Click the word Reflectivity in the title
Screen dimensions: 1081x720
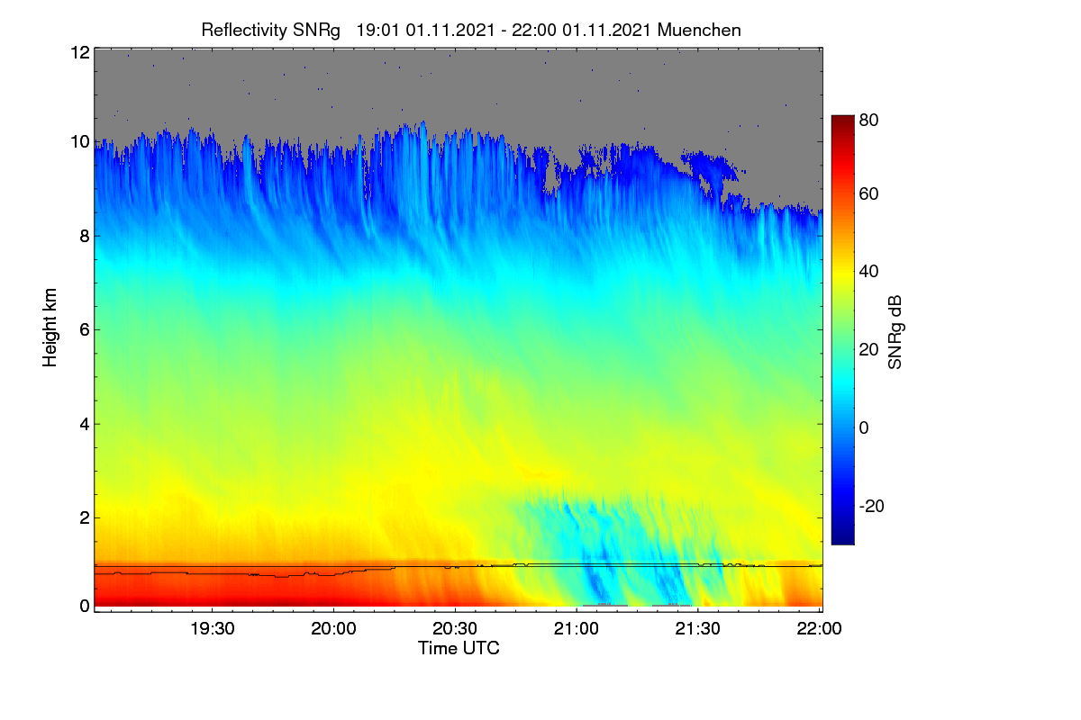click(x=244, y=31)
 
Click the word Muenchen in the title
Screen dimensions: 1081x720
click(x=699, y=31)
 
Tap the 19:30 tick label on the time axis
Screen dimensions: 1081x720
click(x=213, y=629)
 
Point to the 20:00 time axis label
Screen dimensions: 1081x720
click(x=333, y=629)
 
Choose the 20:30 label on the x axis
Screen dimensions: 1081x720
click(x=455, y=629)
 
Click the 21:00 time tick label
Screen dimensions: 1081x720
click(x=577, y=629)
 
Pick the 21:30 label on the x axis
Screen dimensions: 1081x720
click(x=697, y=629)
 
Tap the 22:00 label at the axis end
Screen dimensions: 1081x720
click(x=819, y=629)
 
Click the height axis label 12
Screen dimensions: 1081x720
click(x=80, y=52)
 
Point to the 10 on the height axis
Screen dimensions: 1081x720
click(x=80, y=142)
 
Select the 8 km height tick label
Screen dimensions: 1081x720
click(x=85, y=237)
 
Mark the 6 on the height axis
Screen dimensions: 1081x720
click(x=85, y=330)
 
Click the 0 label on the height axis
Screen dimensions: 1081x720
click(x=85, y=607)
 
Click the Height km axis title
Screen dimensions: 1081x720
click(x=50, y=328)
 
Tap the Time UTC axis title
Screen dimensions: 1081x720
click(x=459, y=649)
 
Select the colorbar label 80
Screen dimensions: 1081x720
click(x=868, y=120)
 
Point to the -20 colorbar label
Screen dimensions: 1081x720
click(x=872, y=507)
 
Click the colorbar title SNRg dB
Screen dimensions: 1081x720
click(x=895, y=333)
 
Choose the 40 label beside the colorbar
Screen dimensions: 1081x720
click(x=868, y=272)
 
